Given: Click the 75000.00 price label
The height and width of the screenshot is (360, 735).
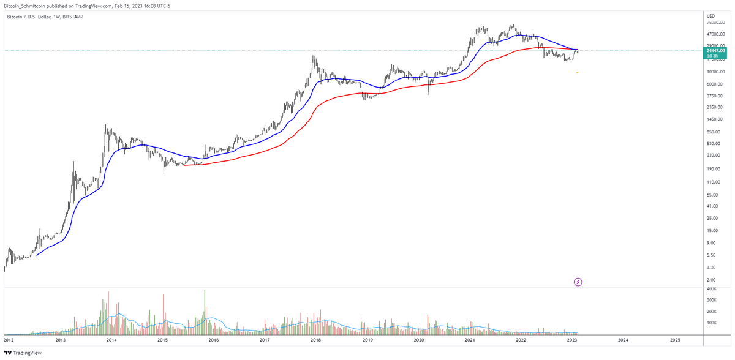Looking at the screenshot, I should pyautogui.click(x=716, y=23).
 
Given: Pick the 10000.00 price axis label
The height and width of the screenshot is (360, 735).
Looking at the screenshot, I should pyautogui.click(x=716, y=72).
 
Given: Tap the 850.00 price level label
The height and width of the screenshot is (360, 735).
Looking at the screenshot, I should pyautogui.click(x=713, y=132).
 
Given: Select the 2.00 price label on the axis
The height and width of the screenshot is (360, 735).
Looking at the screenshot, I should pyautogui.click(x=710, y=279).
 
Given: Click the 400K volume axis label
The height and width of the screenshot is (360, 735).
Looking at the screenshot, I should pyautogui.click(x=711, y=288).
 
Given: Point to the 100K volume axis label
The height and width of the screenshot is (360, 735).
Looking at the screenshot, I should pyautogui.click(x=711, y=323).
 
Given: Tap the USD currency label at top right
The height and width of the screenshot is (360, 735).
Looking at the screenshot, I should pyautogui.click(x=710, y=16).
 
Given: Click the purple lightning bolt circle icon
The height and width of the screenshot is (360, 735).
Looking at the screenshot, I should pyautogui.click(x=578, y=282).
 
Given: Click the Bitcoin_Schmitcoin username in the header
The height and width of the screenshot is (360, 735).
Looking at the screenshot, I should pyautogui.click(x=25, y=5).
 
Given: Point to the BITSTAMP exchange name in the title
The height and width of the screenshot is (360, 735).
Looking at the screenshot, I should pyautogui.click(x=73, y=17).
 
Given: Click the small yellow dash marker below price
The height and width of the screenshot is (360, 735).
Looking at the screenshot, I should pyautogui.click(x=578, y=73).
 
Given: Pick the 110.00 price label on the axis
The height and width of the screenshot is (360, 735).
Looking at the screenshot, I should pyautogui.click(x=713, y=182).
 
